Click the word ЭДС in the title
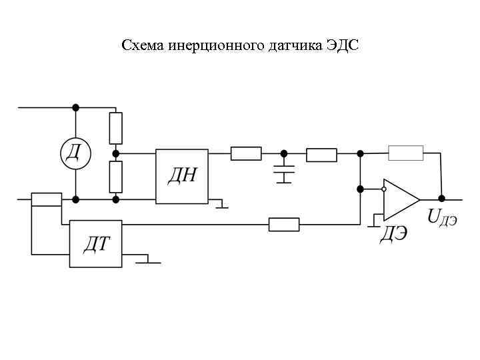343,46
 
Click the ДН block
182,176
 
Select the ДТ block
96,243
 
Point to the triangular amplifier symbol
401,199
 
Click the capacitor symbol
285,172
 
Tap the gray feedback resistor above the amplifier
405,153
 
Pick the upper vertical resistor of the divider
116,127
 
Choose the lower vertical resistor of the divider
116,176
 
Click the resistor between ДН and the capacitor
246,154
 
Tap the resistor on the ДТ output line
284,225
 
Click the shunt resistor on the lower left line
47,199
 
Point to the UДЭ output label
442,216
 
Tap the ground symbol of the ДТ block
148,261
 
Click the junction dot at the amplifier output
441,199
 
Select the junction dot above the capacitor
285,154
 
